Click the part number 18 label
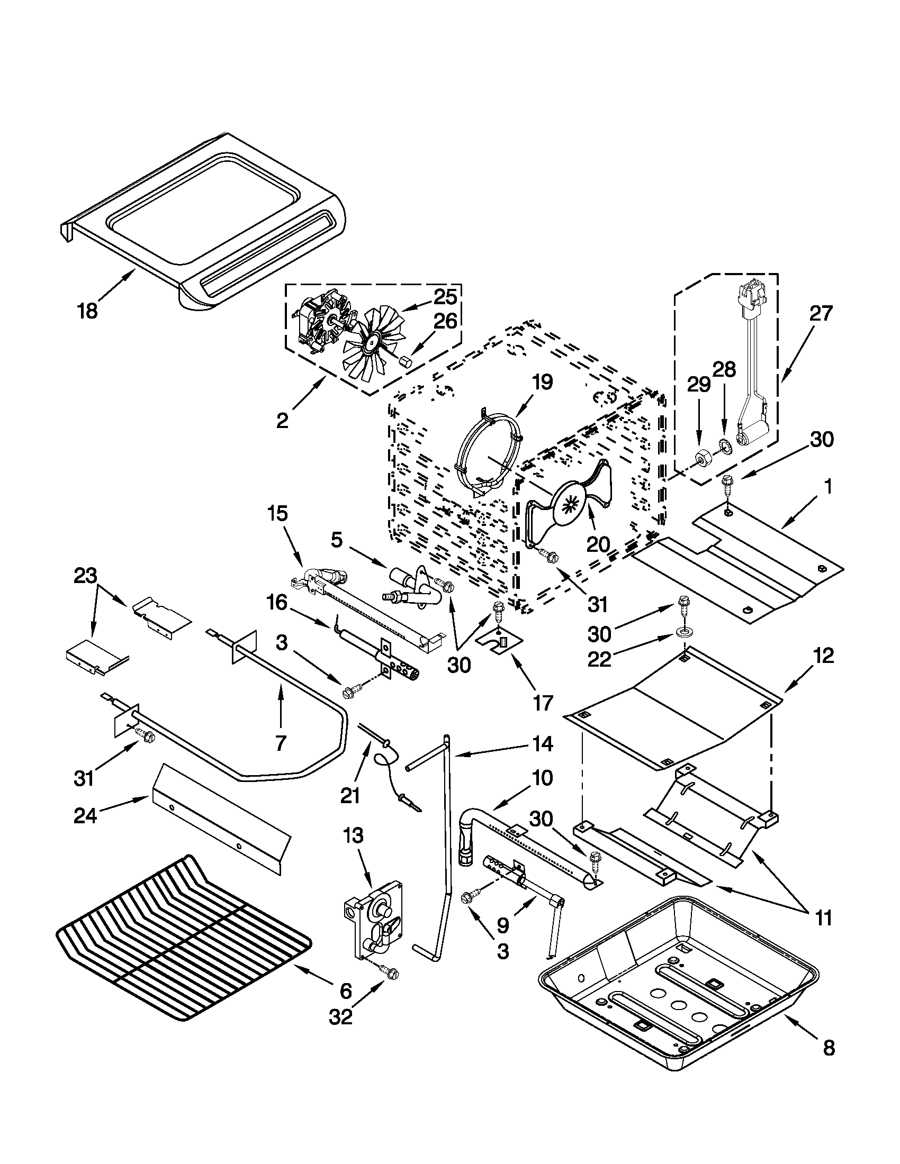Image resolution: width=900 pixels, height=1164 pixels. click(87, 310)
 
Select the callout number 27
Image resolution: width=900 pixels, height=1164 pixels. click(820, 314)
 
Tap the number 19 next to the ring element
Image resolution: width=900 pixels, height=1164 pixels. click(542, 382)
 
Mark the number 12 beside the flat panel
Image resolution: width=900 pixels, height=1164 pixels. click(823, 656)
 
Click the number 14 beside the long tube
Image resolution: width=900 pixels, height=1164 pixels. click(542, 744)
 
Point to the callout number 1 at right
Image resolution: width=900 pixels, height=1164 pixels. click(827, 487)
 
